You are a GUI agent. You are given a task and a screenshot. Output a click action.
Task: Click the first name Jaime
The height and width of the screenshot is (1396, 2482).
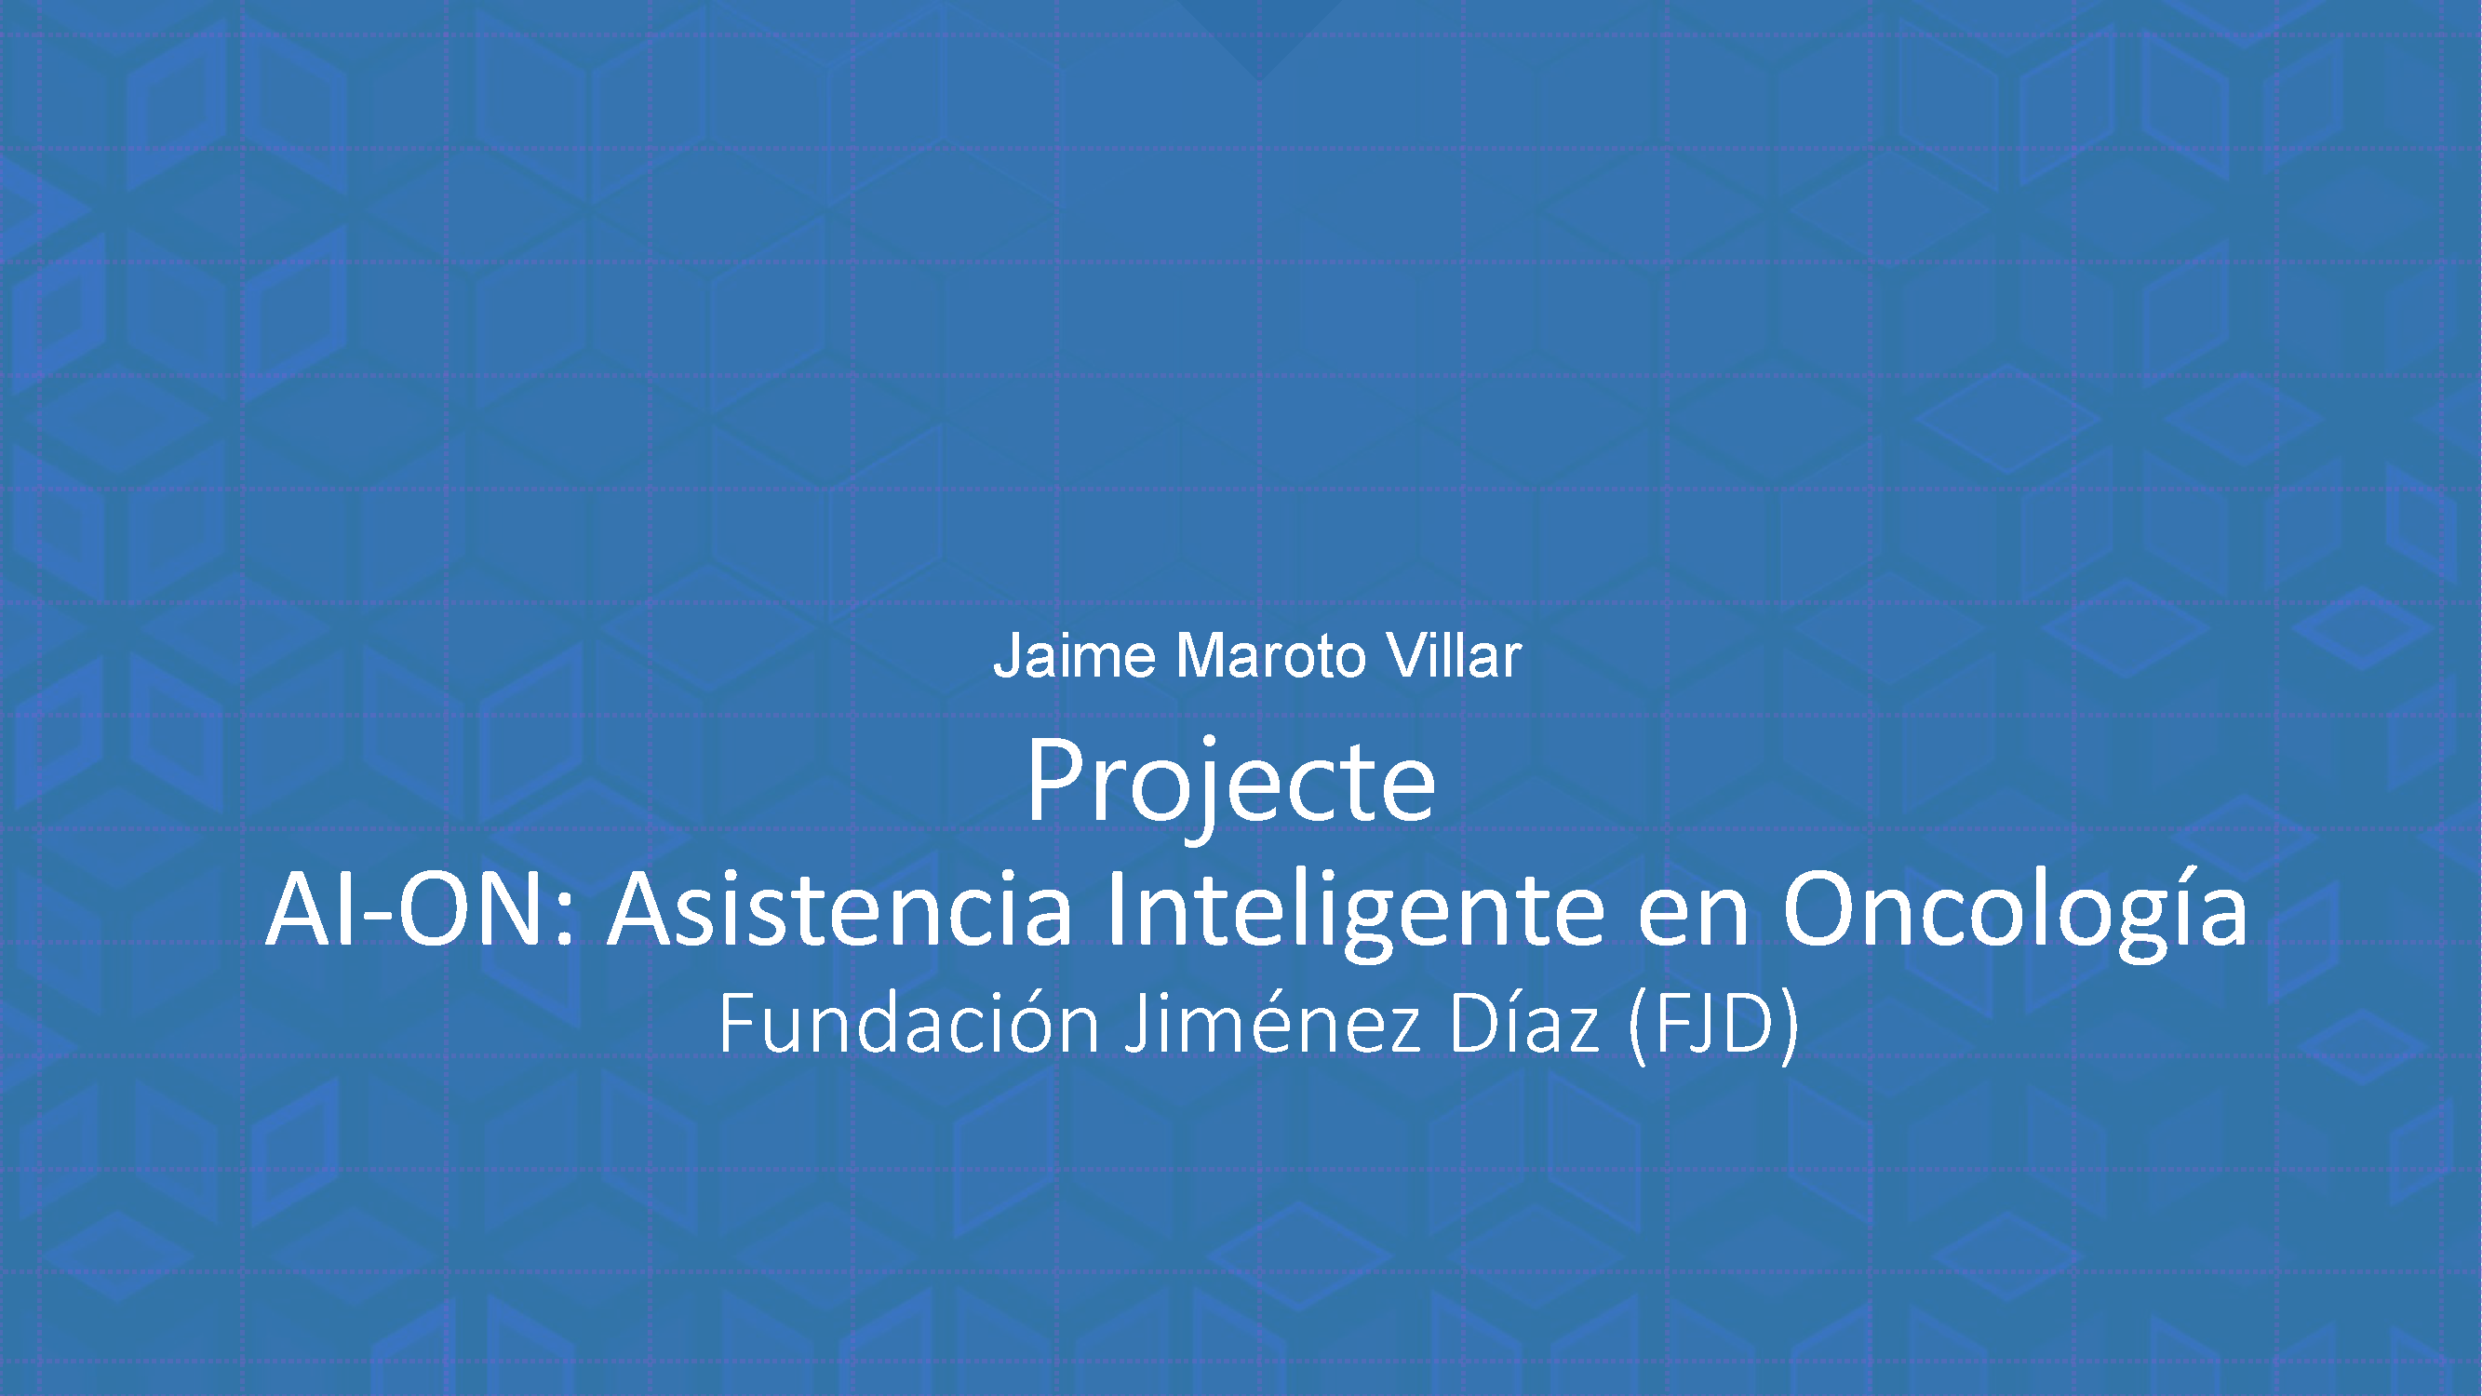tap(1073, 656)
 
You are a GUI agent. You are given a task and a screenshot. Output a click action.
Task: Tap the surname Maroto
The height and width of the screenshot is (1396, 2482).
tap(1271, 656)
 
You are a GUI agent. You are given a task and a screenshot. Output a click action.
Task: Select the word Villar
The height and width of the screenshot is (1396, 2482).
tap(1454, 656)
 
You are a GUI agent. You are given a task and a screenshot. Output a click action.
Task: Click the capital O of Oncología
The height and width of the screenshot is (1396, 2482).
tap(1821, 909)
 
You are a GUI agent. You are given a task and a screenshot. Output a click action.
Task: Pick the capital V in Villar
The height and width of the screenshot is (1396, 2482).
tap(1408, 656)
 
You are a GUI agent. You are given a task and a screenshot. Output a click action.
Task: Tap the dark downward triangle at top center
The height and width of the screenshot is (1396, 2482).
tap(1258, 34)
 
